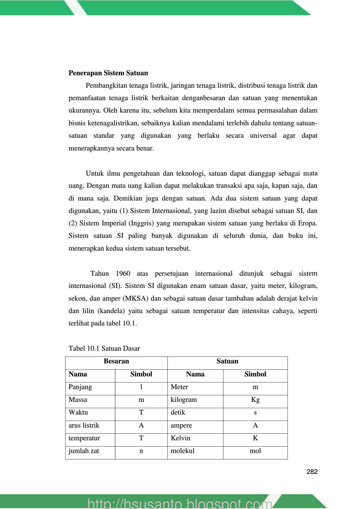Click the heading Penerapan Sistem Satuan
point(108,73)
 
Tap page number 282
point(312,472)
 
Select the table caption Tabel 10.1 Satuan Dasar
point(104,348)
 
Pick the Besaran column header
point(116,361)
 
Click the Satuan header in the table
point(227,361)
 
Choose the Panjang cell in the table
point(80,387)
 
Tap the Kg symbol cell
point(255,400)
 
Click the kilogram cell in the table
point(184,400)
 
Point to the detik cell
point(178,412)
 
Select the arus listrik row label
point(84,425)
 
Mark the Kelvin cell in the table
point(181,438)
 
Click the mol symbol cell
point(255,451)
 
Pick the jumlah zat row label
point(84,451)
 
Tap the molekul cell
point(183,451)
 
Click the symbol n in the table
point(141,451)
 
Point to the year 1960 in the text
point(123,273)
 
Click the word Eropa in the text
point(307,223)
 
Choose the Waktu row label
point(78,412)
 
